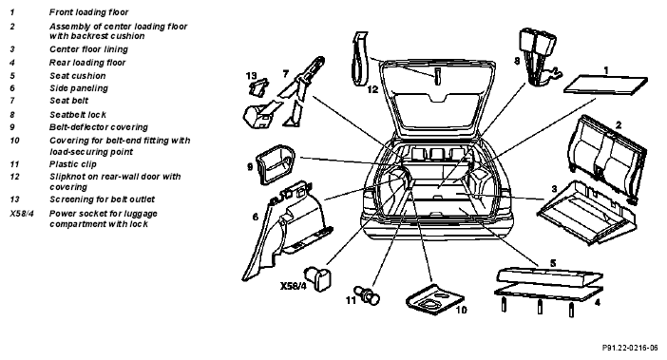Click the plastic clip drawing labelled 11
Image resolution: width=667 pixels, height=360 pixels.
tap(369, 295)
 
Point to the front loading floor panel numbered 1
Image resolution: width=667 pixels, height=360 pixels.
tap(606, 85)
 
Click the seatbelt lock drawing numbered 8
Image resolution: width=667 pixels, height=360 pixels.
tap(538, 57)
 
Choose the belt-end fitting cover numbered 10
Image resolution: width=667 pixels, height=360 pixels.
tap(434, 299)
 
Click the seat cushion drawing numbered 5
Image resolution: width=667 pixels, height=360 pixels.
tap(549, 276)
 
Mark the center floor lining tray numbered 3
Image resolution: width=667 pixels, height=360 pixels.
tap(588, 212)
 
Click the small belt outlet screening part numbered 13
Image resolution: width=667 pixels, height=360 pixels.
tap(257, 87)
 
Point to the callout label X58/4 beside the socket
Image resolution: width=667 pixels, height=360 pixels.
tap(293, 286)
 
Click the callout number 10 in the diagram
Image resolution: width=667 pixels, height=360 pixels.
tap(461, 310)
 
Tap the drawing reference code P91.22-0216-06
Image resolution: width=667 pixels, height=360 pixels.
tap(630, 348)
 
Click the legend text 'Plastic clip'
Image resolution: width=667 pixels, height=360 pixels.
tap(73, 164)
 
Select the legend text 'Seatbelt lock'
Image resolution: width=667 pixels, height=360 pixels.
tap(78, 115)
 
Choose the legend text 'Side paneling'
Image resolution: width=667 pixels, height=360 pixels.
tap(79, 88)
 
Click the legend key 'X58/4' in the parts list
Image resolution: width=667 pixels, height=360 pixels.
tap(22, 214)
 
